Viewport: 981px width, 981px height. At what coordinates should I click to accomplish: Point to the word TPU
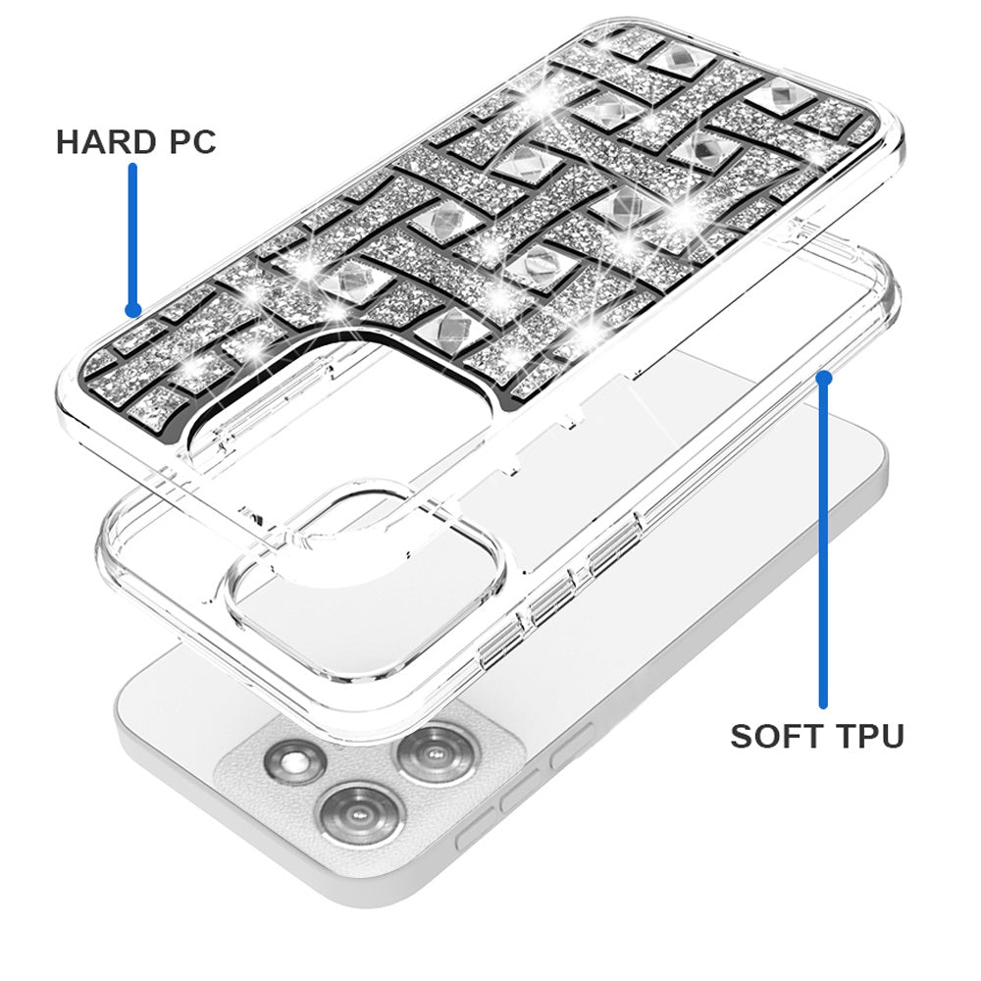(x=869, y=736)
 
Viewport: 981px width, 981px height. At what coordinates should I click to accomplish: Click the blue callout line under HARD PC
(x=132, y=236)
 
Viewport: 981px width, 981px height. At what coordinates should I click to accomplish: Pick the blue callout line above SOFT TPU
(x=824, y=542)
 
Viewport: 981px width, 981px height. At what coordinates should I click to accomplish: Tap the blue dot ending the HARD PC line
(x=132, y=309)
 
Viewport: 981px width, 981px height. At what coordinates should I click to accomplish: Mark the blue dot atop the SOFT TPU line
(x=824, y=378)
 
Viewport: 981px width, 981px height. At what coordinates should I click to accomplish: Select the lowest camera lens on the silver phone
(x=361, y=814)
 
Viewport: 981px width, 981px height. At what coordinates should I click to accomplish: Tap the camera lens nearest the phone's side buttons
(x=435, y=755)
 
